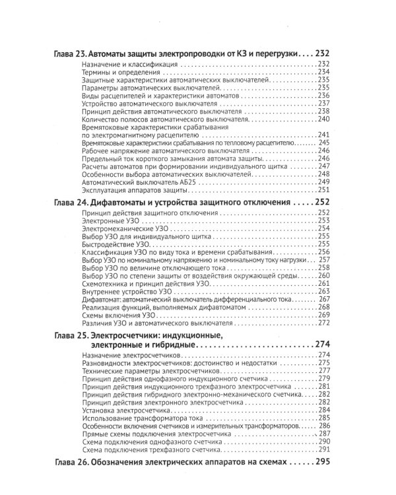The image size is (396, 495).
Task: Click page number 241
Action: click(x=323, y=135)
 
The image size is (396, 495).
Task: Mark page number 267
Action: click(x=323, y=299)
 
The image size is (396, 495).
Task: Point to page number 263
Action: click(x=323, y=291)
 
